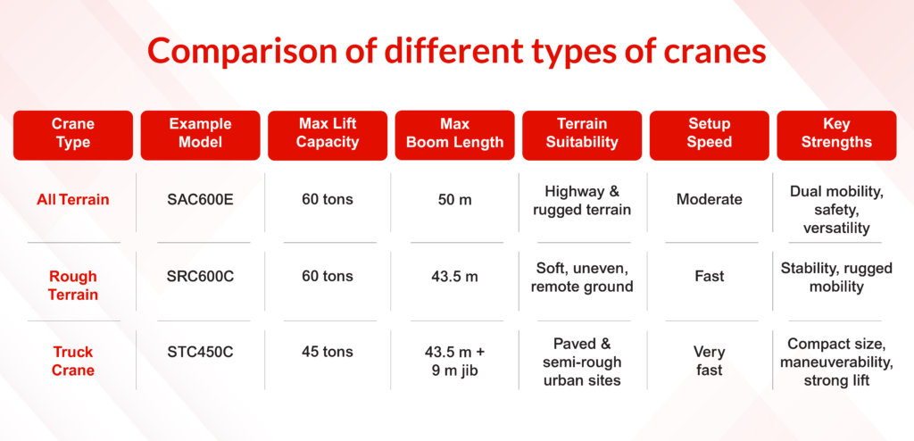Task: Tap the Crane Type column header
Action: [73, 136]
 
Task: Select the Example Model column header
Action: [201, 136]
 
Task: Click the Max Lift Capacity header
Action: [328, 136]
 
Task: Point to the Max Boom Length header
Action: [454, 136]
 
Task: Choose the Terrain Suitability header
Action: [582, 136]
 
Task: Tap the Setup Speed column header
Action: [710, 136]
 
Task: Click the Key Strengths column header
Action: [836, 136]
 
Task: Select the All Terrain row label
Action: [73, 199]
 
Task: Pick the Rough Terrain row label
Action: [73, 286]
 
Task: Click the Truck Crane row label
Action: [73, 361]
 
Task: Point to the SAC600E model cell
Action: [200, 199]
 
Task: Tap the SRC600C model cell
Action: [200, 276]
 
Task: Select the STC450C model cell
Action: [200, 352]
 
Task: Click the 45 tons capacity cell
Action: [328, 352]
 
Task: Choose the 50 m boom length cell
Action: [454, 199]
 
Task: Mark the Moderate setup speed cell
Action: [710, 199]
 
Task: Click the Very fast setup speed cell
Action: [710, 361]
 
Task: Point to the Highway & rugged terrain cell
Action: [582, 200]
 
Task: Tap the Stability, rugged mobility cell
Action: [836, 277]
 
